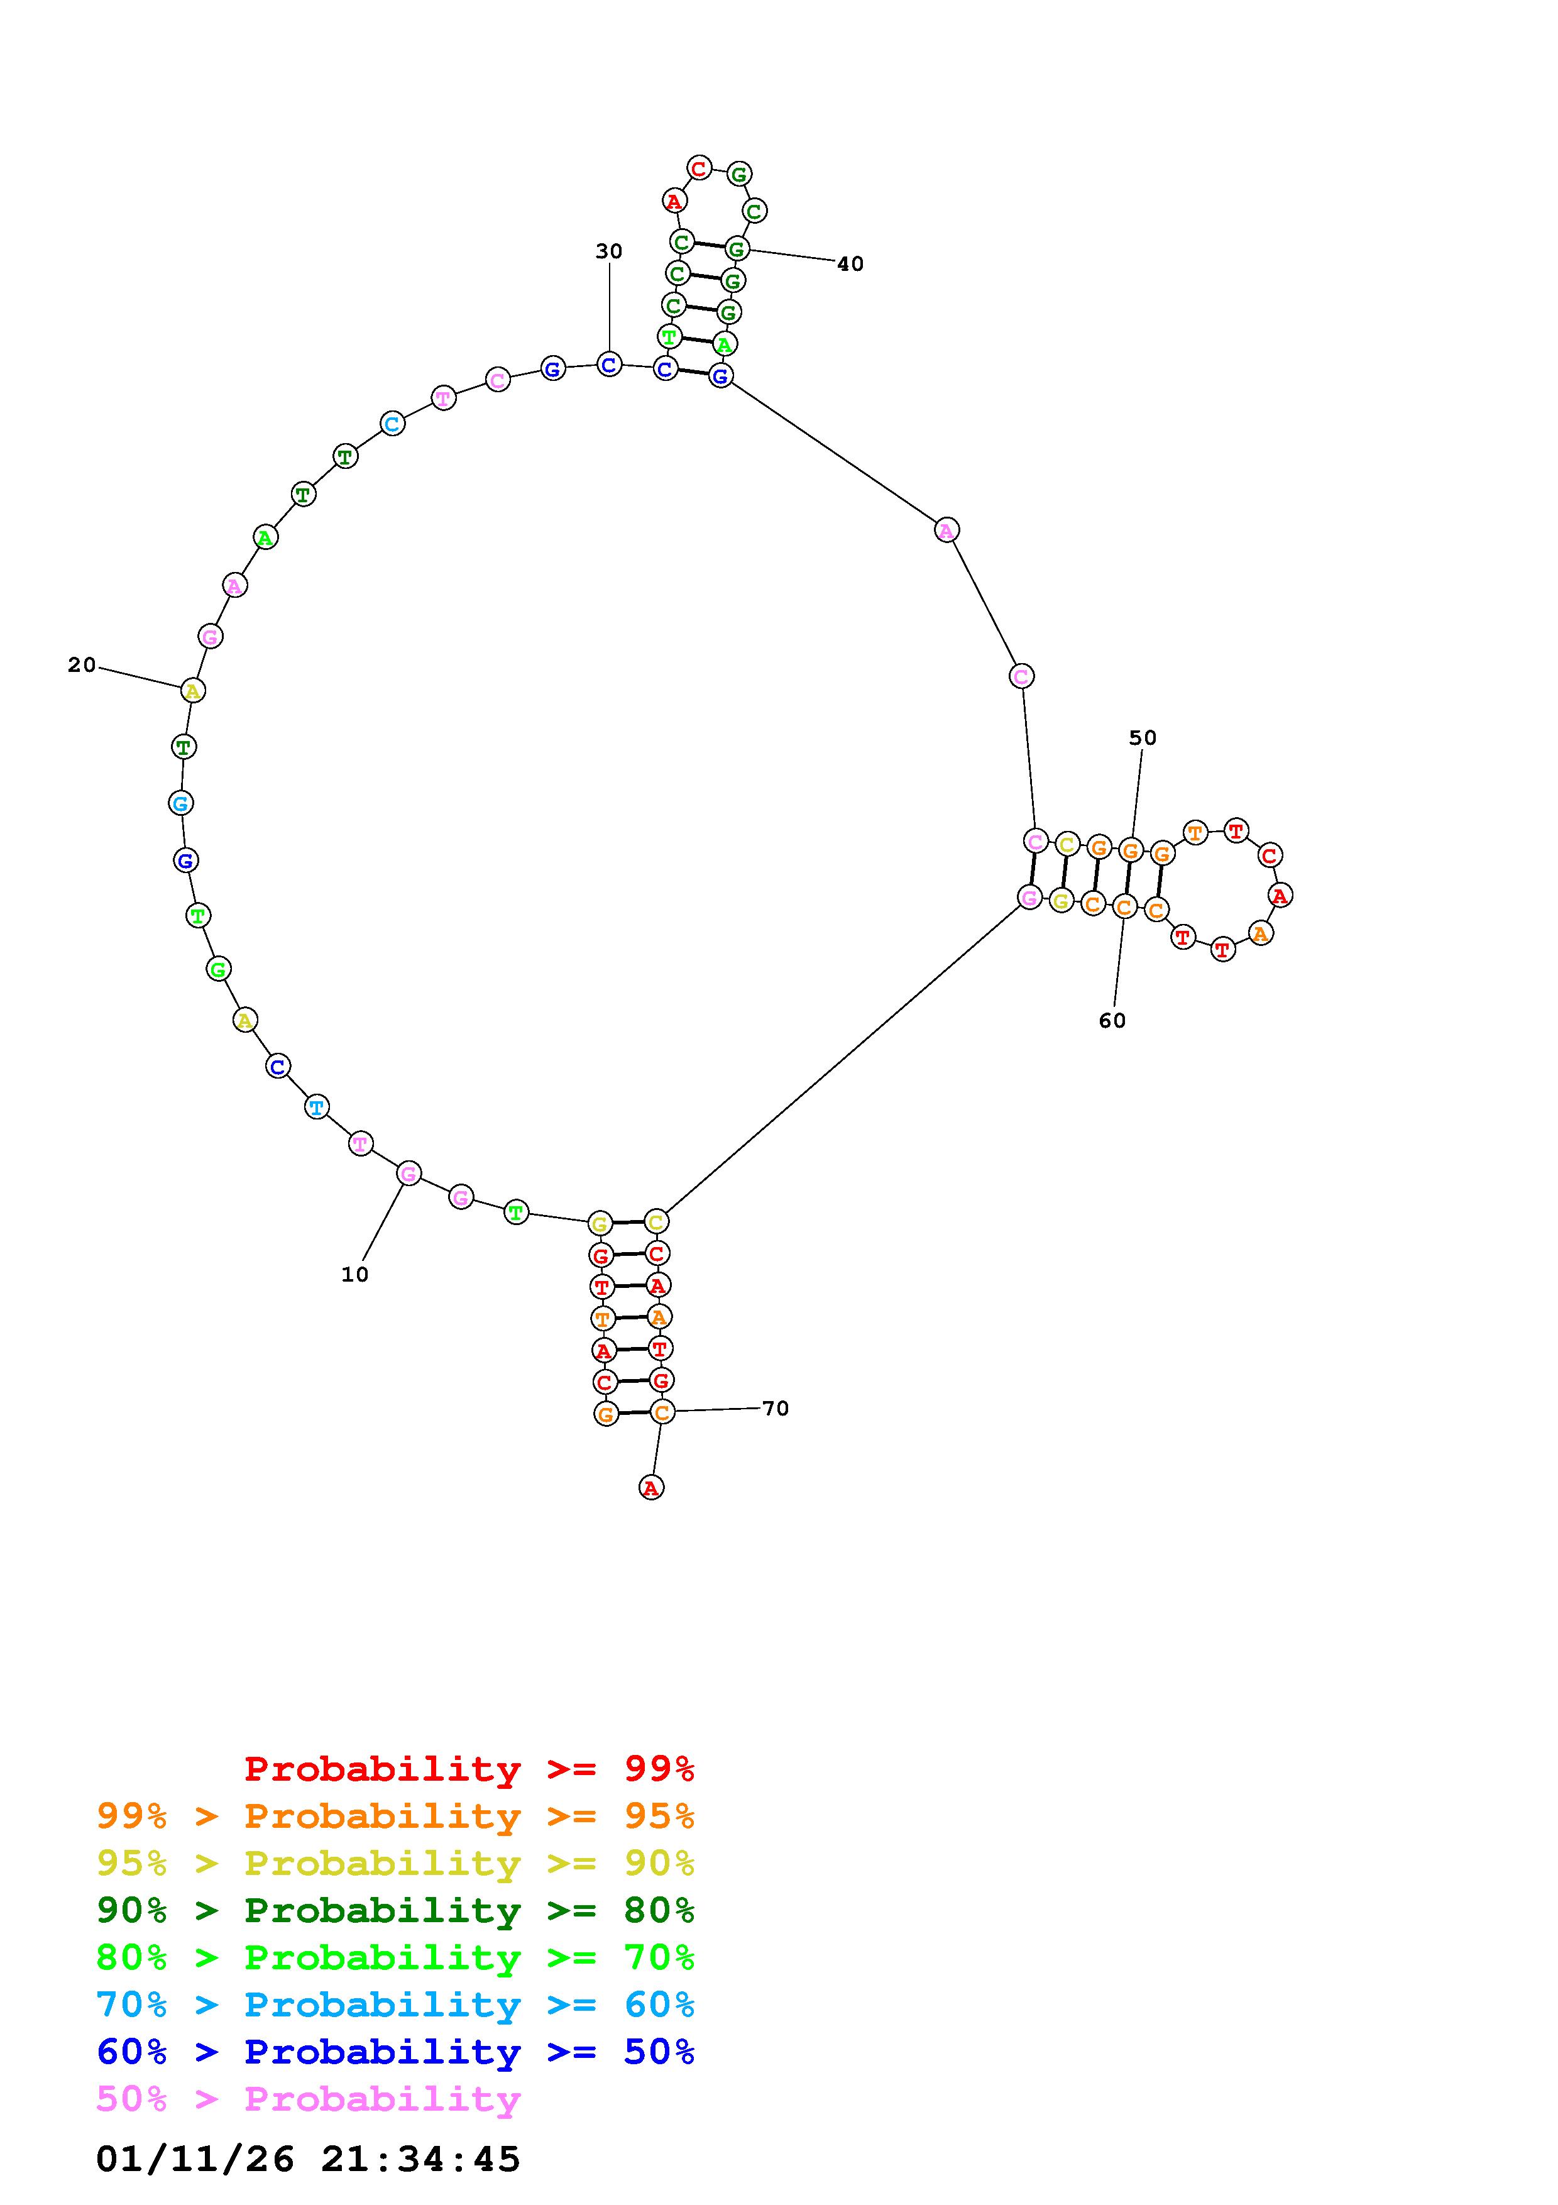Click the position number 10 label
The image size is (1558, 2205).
click(354, 1274)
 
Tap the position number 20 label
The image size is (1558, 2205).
click(82, 664)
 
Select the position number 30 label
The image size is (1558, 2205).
click(608, 251)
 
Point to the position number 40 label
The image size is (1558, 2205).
click(850, 264)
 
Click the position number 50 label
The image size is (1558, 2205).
click(1143, 737)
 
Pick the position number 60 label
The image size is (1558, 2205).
click(1112, 1021)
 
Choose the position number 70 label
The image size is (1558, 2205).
click(775, 1408)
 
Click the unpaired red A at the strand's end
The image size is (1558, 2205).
click(651, 1488)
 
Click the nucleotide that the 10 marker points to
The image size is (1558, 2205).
click(409, 1174)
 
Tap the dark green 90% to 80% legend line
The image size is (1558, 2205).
click(395, 1910)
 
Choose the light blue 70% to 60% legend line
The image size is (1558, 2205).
click(395, 2005)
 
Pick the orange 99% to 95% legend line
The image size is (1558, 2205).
click(395, 1816)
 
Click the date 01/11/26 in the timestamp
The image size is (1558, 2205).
click(195, 2159)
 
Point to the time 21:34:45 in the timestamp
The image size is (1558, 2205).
click(420, 2159)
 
